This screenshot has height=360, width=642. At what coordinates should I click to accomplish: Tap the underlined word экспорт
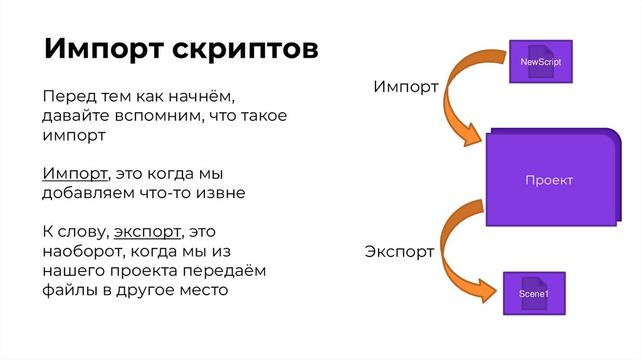pyautogui.click(x=147, y=232)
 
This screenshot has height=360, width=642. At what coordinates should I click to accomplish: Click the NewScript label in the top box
pyautogui.click(x=540, y=62)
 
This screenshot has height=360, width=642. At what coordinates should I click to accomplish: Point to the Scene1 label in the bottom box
pyautogui.click(x=534, y=294)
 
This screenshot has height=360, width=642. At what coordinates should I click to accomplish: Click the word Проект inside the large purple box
pyautogui.click(x=549, y=181)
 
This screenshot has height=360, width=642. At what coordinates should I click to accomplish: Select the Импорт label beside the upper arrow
pyautogui.click(x=406, y=87)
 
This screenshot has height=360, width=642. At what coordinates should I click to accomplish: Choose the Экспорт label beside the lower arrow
pyautogui.click(x=399, y=252)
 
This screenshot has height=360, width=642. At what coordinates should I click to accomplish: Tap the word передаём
pyautogui.click(x=227, y=271)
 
